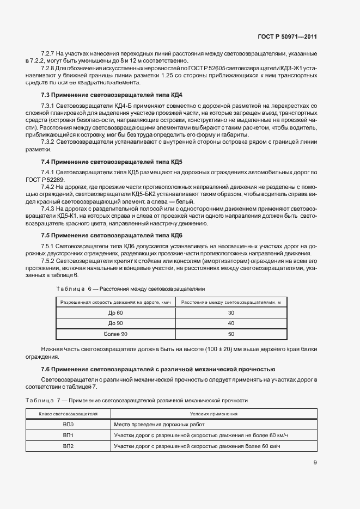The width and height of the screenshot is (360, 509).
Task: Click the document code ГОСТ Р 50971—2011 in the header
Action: [x=287, y=37]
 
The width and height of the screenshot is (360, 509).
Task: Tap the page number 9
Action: [x=315, y=463]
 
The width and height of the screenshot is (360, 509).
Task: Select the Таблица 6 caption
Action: [x=130, y=289]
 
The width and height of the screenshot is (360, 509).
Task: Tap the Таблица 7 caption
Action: [x=136, y=401]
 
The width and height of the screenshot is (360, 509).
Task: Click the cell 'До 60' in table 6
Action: [x=115, y=312]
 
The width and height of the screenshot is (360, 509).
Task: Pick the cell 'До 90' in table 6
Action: [x=115, y=323]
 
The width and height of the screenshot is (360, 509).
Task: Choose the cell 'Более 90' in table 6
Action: [x=115, y=334]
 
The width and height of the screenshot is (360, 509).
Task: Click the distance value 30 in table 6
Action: [x=231, y=312]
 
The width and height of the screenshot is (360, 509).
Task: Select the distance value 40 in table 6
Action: [x=231, y=323]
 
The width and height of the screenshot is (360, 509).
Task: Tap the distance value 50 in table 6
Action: [x=231, y=334]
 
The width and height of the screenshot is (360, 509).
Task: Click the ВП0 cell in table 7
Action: [x=68, y=424]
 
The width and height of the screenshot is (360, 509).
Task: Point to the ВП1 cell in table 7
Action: [x=68, y=435]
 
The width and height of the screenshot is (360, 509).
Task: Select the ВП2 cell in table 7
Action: [x=68, y=446]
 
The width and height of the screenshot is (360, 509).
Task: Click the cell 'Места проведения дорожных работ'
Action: [x=157, y=424]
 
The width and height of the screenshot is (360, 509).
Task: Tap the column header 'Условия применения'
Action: [x=213, y=414]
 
